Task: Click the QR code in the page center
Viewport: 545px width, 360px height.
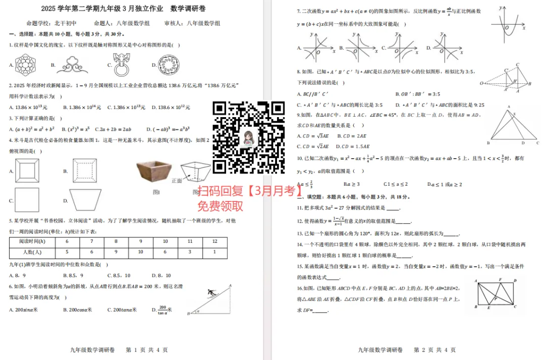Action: coord(248,137)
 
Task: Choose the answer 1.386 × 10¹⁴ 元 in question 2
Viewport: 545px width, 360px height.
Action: coord(82,108)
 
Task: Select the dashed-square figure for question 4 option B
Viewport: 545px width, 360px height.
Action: coord(84,171)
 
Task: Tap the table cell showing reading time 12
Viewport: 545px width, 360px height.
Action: coord(214,241)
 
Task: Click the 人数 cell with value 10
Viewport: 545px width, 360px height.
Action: coord(140,252)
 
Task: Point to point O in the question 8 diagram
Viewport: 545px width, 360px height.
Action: coord(482,83)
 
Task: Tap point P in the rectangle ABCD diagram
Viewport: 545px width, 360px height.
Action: coord(496,298)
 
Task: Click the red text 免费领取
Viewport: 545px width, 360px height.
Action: coord(221,205)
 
